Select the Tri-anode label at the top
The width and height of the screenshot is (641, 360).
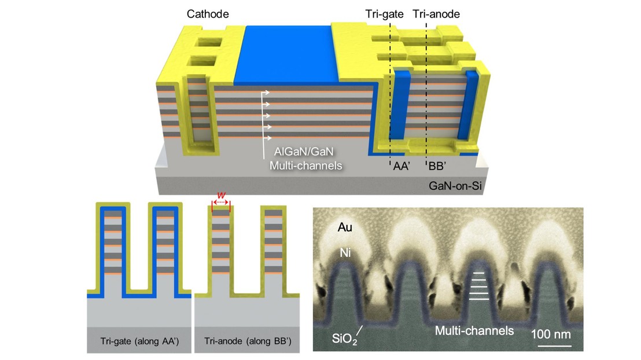[x=436, y=13]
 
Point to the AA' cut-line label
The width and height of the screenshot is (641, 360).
[x=400, y=166]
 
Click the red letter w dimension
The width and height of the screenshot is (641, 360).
[x=220, y=197]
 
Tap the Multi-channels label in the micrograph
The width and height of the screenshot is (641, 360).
[x=474, y=331]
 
